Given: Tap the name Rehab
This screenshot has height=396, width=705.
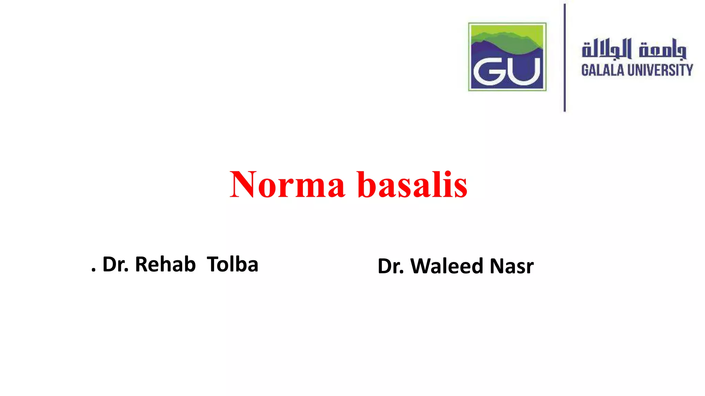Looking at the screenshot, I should point(165,264).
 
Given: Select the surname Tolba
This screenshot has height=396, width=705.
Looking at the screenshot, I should point(232,264).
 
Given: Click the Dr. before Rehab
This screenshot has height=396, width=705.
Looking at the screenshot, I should point(116,264).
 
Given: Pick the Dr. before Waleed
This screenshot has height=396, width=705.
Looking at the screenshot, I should point(391,266).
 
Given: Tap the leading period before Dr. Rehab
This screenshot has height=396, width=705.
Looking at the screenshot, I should point(93,270).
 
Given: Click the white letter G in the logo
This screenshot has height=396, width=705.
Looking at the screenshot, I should point(488,71).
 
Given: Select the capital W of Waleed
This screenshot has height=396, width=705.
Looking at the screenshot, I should point(422,266).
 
